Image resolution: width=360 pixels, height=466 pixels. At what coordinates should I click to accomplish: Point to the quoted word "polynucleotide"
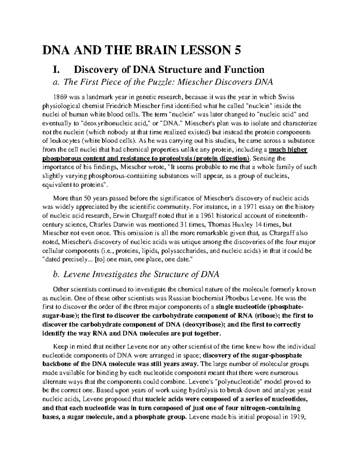tap(239, 382)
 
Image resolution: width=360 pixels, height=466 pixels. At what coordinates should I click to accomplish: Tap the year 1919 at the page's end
tap(297, 417)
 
